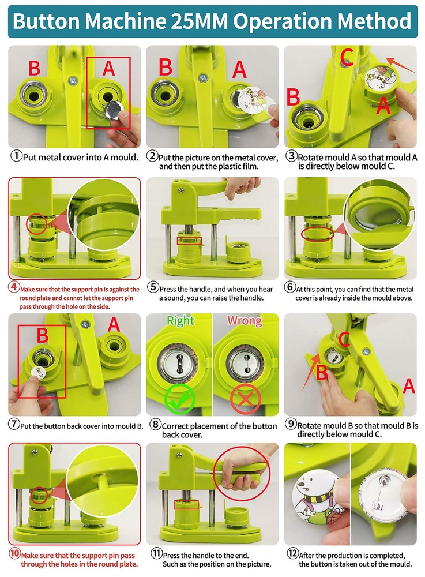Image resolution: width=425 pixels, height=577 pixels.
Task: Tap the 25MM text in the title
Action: pyautogui.click(x=198, y=22)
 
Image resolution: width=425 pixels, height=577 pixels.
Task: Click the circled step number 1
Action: pyautogui.click(x=17, y=156)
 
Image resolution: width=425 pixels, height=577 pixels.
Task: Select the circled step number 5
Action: pyautogui.click(x=153, y=287)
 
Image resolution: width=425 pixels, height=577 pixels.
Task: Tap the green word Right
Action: pyautogui.click(x=180, y=321)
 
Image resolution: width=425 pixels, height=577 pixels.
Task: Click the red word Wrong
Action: pyautogui.click(x=244, y=321)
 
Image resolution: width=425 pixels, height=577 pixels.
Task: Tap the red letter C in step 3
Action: pyautogui.click(x=347, y=56)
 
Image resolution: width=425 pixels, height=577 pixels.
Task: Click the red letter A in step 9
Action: pyautogui.click(x=408, y=386)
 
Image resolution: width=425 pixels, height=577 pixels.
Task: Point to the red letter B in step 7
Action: pyautogui.click(x=43, y=336)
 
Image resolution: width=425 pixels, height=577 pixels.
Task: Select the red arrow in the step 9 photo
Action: pyautogui.click(x=311, y=364)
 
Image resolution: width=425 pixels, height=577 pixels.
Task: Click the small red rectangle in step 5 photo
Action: pyautogui.click(x=189, y=239)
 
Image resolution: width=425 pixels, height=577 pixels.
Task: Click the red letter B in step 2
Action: pyautogui.click(x=166, y=67)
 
